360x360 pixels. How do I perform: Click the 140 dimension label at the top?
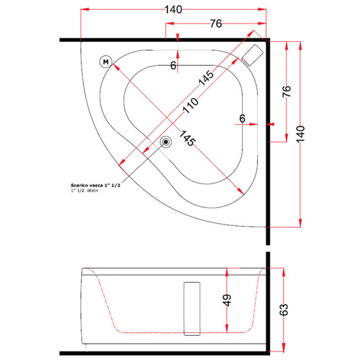[x=173, y=10]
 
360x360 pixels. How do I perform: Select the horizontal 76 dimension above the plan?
[x=216, y=24]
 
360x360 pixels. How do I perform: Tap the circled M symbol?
[x=105, y=62]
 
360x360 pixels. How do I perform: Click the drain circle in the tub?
[x=166, y=142]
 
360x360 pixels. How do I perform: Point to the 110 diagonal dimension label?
[x=190, y=105]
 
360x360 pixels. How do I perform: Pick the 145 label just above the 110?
[x=206, y=78]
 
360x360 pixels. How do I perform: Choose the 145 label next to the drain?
[x=187, y=138]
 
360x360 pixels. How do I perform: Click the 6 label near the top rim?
[x=173, y=66]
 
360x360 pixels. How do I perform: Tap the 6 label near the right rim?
[x=242, y=118]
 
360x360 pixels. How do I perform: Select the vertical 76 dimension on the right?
[x=286, y=92]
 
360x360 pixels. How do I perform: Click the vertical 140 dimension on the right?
[x=300, y=134]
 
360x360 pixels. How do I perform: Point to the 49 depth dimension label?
[x=227, y=300]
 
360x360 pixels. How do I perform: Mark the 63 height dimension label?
[x=284, y=310]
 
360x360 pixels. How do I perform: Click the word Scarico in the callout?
[x=79, y=185]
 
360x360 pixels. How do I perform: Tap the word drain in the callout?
[x=93, y=191]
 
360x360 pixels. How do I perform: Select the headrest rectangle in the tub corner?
[x=253, y=55]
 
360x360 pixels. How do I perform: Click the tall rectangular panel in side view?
[x=192, y=309]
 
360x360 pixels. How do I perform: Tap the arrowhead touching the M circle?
[x=115, y=67]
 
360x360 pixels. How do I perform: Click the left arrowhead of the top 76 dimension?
[x=170, y=24]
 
